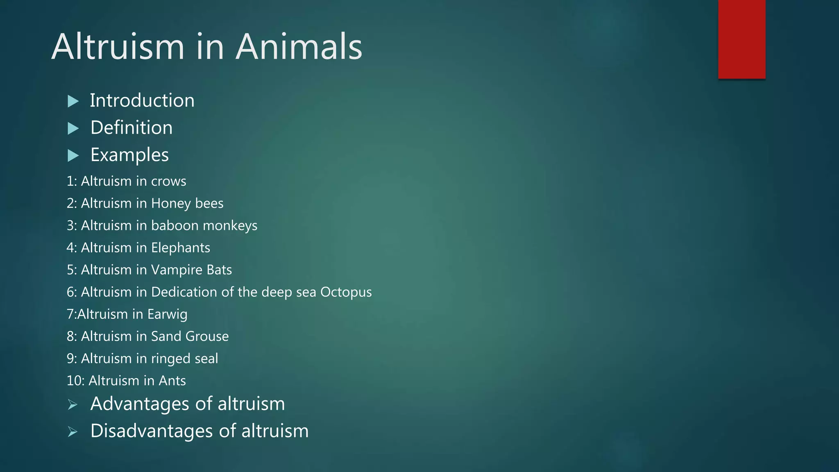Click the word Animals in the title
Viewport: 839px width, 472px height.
[299, 47]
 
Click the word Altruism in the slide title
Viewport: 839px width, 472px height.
[118, 47]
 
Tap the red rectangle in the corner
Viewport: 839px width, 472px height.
[741, 39]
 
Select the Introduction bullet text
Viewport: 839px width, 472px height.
[142, 101]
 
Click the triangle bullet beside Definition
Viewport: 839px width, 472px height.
[73, 128]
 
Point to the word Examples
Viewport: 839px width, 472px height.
[129, 155]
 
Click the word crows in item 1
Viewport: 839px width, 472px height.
[168, 181]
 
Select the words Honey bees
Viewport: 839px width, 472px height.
[187, 203]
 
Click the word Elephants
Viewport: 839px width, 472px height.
[180, 247]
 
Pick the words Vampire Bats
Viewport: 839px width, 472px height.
[191, 270]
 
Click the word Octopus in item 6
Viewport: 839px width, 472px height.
[346, 292]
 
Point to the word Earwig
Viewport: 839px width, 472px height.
[167, 314]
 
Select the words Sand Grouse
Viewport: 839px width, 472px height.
[190, 336]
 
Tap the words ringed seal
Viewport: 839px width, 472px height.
[184, 359]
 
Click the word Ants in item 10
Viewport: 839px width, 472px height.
[172, 381]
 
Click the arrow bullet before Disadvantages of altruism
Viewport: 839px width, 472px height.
[73, 431]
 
